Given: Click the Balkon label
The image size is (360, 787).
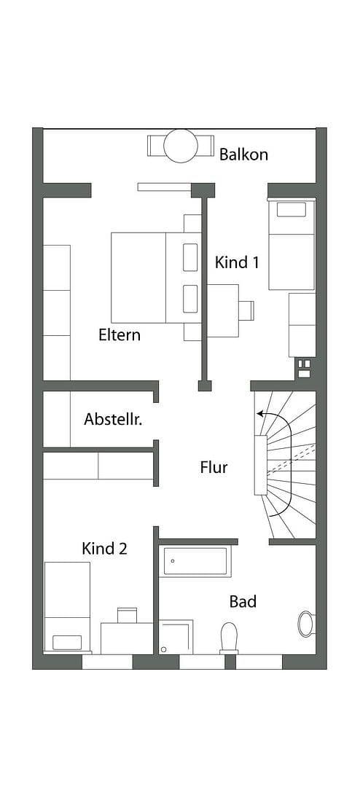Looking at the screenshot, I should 243,154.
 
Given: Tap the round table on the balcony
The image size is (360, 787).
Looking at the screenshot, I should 181,146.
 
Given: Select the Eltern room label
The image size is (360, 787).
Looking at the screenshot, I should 120,335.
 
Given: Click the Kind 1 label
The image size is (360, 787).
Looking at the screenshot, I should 237,262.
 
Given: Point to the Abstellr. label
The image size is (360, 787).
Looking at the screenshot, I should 112,419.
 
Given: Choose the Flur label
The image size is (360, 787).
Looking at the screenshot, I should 214,468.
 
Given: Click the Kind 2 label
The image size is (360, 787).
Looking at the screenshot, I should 104,549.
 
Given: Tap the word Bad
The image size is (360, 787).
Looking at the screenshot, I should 243,601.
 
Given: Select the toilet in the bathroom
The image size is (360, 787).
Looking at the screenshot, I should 229,636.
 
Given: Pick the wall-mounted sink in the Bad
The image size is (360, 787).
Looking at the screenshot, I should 305,624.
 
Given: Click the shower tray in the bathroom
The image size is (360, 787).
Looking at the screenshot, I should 176,637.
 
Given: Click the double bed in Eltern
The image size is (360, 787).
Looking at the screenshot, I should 149,278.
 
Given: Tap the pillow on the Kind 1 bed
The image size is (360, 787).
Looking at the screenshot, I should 291,210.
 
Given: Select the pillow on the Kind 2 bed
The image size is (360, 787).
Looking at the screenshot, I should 67,642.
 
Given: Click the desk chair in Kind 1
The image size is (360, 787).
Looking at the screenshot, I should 246,310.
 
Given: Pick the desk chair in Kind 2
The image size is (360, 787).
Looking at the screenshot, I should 127,614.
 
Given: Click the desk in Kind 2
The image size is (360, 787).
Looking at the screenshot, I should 126,638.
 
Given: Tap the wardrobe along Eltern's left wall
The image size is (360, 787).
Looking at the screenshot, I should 57,312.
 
